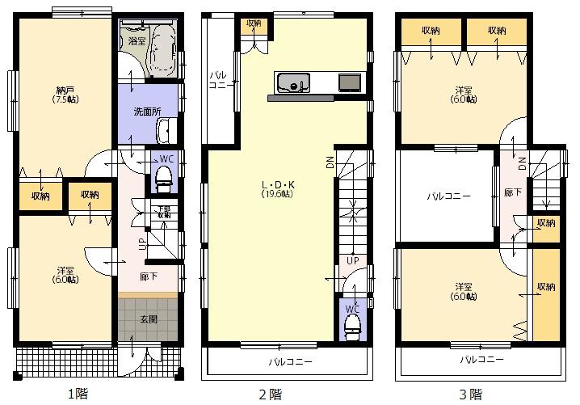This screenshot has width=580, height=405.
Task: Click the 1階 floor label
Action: (77, 394)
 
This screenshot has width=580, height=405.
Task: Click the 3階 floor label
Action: (470, 394)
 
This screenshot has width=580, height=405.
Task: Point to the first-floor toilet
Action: (164, 175)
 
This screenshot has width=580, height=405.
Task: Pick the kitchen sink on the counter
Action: (292, 83)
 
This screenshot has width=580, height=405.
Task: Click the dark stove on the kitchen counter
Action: (350, 82)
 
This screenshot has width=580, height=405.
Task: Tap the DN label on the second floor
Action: (330, 162)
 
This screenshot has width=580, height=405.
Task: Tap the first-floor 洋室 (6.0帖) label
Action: (66, 275)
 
